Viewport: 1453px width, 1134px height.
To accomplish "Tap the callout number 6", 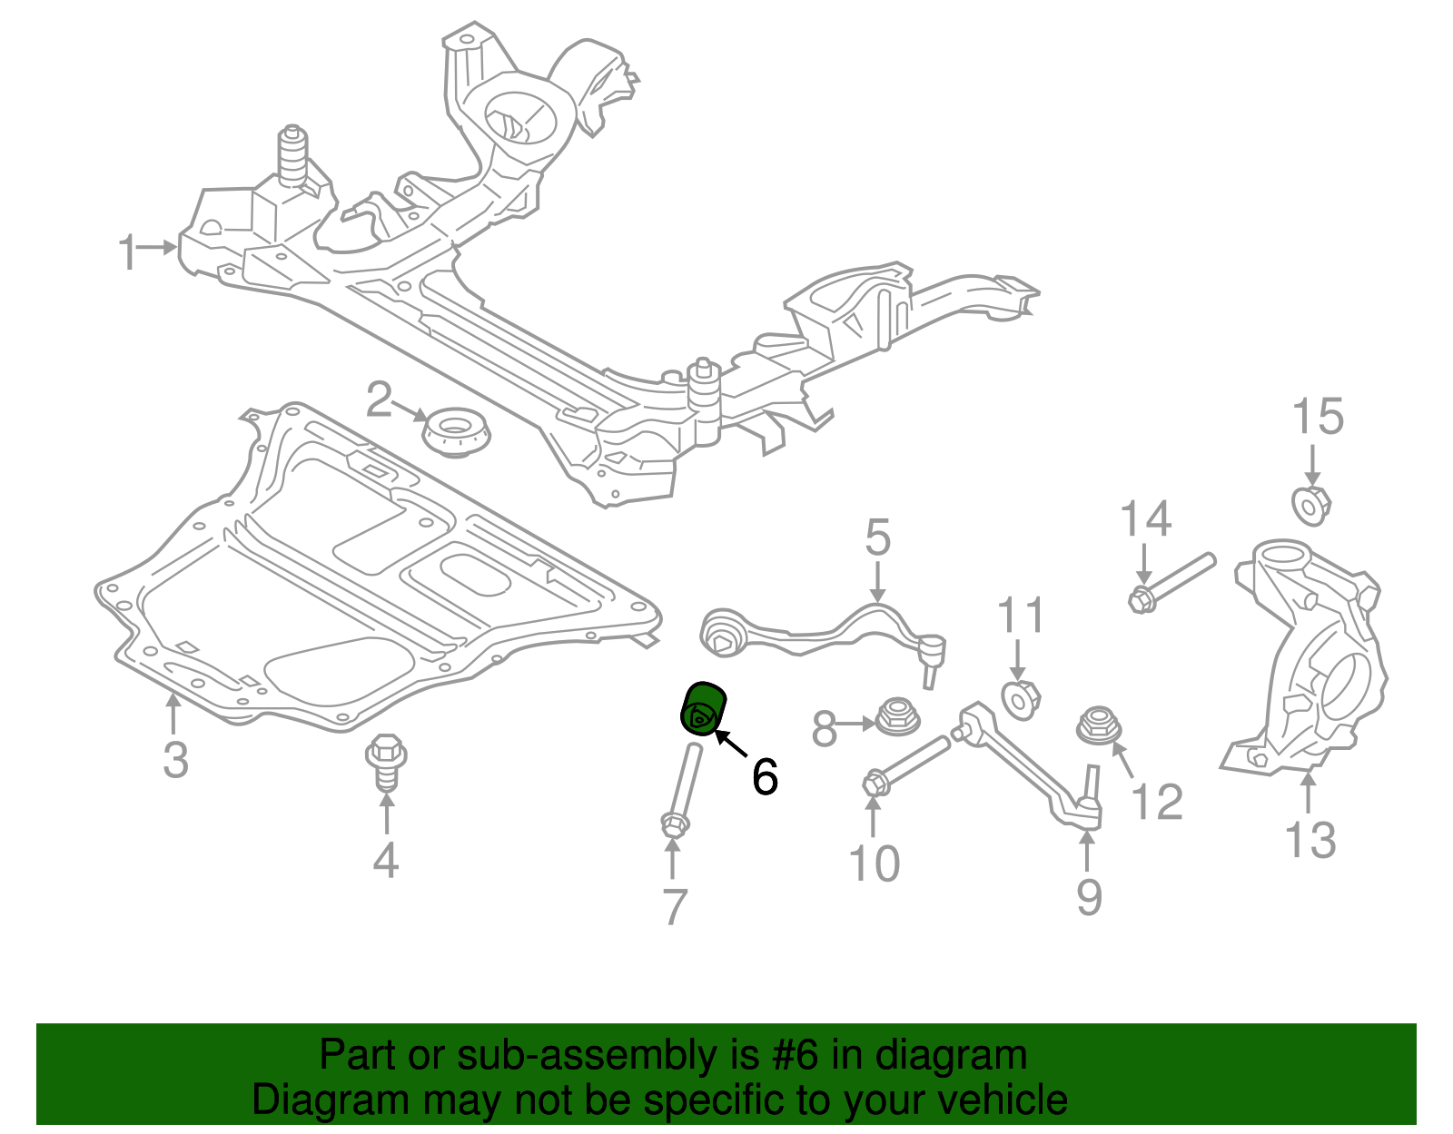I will (x=765, y=777).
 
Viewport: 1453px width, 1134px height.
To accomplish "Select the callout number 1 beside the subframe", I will (x=128, y=251).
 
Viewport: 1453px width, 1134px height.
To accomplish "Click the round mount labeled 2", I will (x=458, y=434).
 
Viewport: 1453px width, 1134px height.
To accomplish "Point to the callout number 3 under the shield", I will (x=175, y=759).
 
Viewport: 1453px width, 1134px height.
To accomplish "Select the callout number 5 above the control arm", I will (x=877, y=538).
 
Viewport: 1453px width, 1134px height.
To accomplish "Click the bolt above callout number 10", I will (x=908, y=765).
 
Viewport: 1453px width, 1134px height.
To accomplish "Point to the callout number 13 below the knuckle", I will (x=1310, y=840).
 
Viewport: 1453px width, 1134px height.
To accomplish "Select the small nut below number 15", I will (x=1310, y=505).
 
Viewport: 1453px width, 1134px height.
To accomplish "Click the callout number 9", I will (x=1089, y=897).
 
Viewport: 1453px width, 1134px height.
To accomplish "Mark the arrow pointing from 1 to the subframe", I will (x=161, y=247).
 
